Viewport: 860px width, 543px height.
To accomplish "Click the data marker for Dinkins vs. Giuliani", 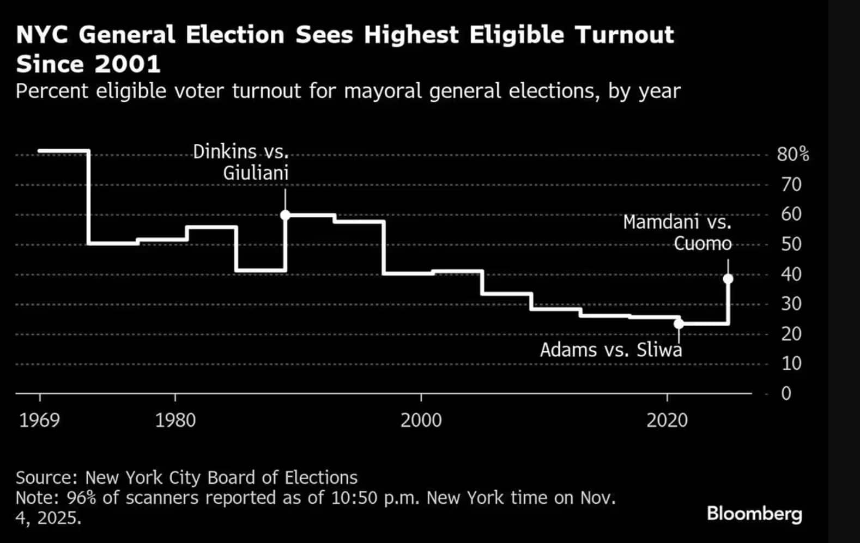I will click(285, 215).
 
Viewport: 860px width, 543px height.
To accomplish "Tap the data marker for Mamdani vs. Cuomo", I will click(728, 279).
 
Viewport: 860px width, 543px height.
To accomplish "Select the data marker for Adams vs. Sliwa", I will click(679, 324).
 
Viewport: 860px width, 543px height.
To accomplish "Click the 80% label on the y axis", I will click(792, 155).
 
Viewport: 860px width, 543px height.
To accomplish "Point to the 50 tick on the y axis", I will click(791, 244).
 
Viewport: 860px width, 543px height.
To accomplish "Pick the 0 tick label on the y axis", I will click(786, 393).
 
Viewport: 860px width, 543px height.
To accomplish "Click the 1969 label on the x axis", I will click(40, 420).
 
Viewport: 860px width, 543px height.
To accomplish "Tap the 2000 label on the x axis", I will click(421, 420).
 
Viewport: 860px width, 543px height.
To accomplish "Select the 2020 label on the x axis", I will click(667, 420).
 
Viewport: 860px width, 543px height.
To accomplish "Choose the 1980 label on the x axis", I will click(175, 420).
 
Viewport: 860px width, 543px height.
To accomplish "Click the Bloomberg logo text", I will click(754, 514).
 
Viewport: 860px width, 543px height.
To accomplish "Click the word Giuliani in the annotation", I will click(256, 173).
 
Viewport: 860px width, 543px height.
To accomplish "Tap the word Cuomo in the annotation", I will click(702, 243).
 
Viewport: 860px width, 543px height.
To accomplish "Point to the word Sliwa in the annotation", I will click(659, 350).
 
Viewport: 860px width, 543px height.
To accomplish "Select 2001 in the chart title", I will click(128, 64).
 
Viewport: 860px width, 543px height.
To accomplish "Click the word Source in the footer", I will click(47, 478).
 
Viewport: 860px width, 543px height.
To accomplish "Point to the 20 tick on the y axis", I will click(791, 333).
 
